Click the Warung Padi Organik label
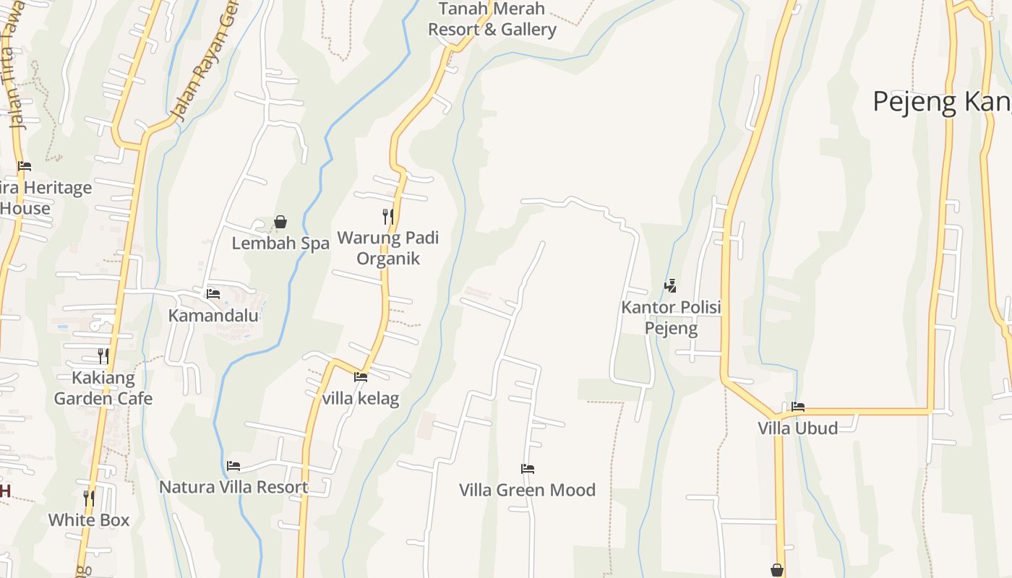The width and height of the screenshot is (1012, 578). (388, 248)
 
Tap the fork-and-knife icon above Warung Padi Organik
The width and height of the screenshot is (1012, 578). (388, 216)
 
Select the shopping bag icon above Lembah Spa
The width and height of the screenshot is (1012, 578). (280, 222)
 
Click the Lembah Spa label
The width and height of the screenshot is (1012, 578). (280, 243)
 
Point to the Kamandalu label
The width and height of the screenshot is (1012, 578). (213, 316)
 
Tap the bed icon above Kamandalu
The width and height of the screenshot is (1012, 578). (213, 294)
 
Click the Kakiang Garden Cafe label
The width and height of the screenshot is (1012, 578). (103, 388)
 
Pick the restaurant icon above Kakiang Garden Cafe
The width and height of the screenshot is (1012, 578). (103, 355)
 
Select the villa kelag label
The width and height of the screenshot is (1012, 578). (361, 398)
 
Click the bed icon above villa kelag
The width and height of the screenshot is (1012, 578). (361, 377)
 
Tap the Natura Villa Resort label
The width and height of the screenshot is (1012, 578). (233, 487)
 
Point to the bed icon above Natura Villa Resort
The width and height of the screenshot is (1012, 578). (233, 466)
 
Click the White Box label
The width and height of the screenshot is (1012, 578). (89, 519)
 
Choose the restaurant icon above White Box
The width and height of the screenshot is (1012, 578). (89, 498)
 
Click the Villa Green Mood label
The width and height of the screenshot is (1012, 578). (528, 490)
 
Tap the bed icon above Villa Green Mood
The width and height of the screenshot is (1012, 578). (528, 469)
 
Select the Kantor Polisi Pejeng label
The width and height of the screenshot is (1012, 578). (671, 318)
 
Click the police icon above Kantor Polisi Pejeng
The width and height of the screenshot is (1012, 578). (671, 286)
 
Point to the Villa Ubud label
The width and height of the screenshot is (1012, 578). (798, 428)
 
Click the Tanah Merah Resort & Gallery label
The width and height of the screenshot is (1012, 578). (492, 20)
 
